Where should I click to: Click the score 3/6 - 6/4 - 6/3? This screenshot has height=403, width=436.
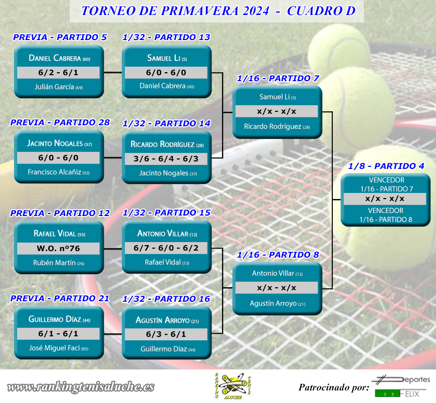pyautogui.click(x=166, y=159)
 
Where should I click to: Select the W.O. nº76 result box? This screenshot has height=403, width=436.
pyautogui.click(x=59, y=248)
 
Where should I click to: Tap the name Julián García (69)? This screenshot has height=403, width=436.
pyautogui.click(x=59, y=87)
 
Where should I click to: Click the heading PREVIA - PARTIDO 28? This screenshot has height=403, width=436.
pyautogui.click(x=60, y=122)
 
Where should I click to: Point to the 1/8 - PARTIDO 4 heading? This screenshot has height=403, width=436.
pyautogui.click(x=386, y=166)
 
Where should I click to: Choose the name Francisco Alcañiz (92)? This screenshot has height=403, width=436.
pyautogui.click(x=59, y=172)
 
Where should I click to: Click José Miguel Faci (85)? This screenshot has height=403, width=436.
pyautogui.click(x=59, y=348)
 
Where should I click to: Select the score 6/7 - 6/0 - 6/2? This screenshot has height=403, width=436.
pyautogui.click(x=166, y=248)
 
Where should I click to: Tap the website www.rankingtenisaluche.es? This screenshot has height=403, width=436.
pyautogui.click(x=81, y=387)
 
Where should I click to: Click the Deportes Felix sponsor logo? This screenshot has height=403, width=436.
pyautogui.click(x=401, y=386)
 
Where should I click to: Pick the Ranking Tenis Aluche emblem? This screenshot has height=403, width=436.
pyautogui.click(x=233, y=386)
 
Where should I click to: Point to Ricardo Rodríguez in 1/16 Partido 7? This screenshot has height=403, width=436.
pyautogui.click(x=277, y=126)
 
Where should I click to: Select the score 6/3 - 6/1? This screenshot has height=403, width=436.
pyautogui.click(x=166, y=334)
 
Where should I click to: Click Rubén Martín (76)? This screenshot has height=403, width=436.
pyautogui.click(x=59, y=263)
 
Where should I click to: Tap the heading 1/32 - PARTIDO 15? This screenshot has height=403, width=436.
pyautogui.click(x=166, y=213)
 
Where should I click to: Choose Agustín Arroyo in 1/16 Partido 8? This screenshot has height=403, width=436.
pyautogui.click(x=278, y=303)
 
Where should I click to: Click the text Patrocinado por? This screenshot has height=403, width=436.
pyautogui.click(x=334, y=387)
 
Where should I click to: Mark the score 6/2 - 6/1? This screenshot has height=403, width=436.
pyautogui.click(x=59, y=73)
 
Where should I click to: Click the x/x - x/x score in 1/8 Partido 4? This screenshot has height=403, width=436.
pyautogui.click(x=385, y=198)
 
